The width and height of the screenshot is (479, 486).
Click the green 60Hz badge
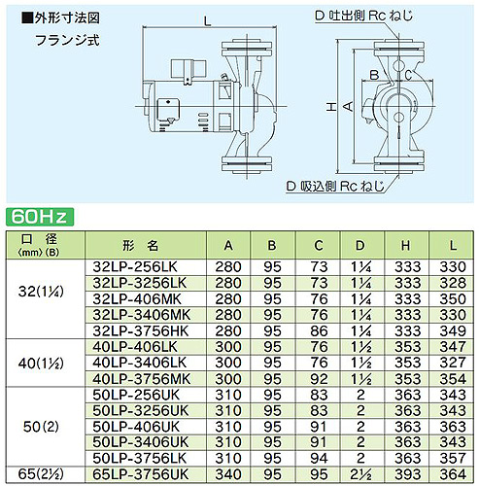tap(40, 217)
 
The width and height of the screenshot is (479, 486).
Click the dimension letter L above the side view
tap(207, 21)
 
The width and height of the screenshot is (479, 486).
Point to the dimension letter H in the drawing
tap(331, 107)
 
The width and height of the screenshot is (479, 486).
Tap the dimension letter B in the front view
tap(374, 75)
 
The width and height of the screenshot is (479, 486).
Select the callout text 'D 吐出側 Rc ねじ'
tap(363, 16)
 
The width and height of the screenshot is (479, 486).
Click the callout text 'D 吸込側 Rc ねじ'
tap(335, 187)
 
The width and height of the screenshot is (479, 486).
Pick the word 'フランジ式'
tap(67, 41)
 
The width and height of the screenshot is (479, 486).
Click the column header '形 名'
tap(141, 246)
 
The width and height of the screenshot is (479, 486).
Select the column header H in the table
tap(405, 246)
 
